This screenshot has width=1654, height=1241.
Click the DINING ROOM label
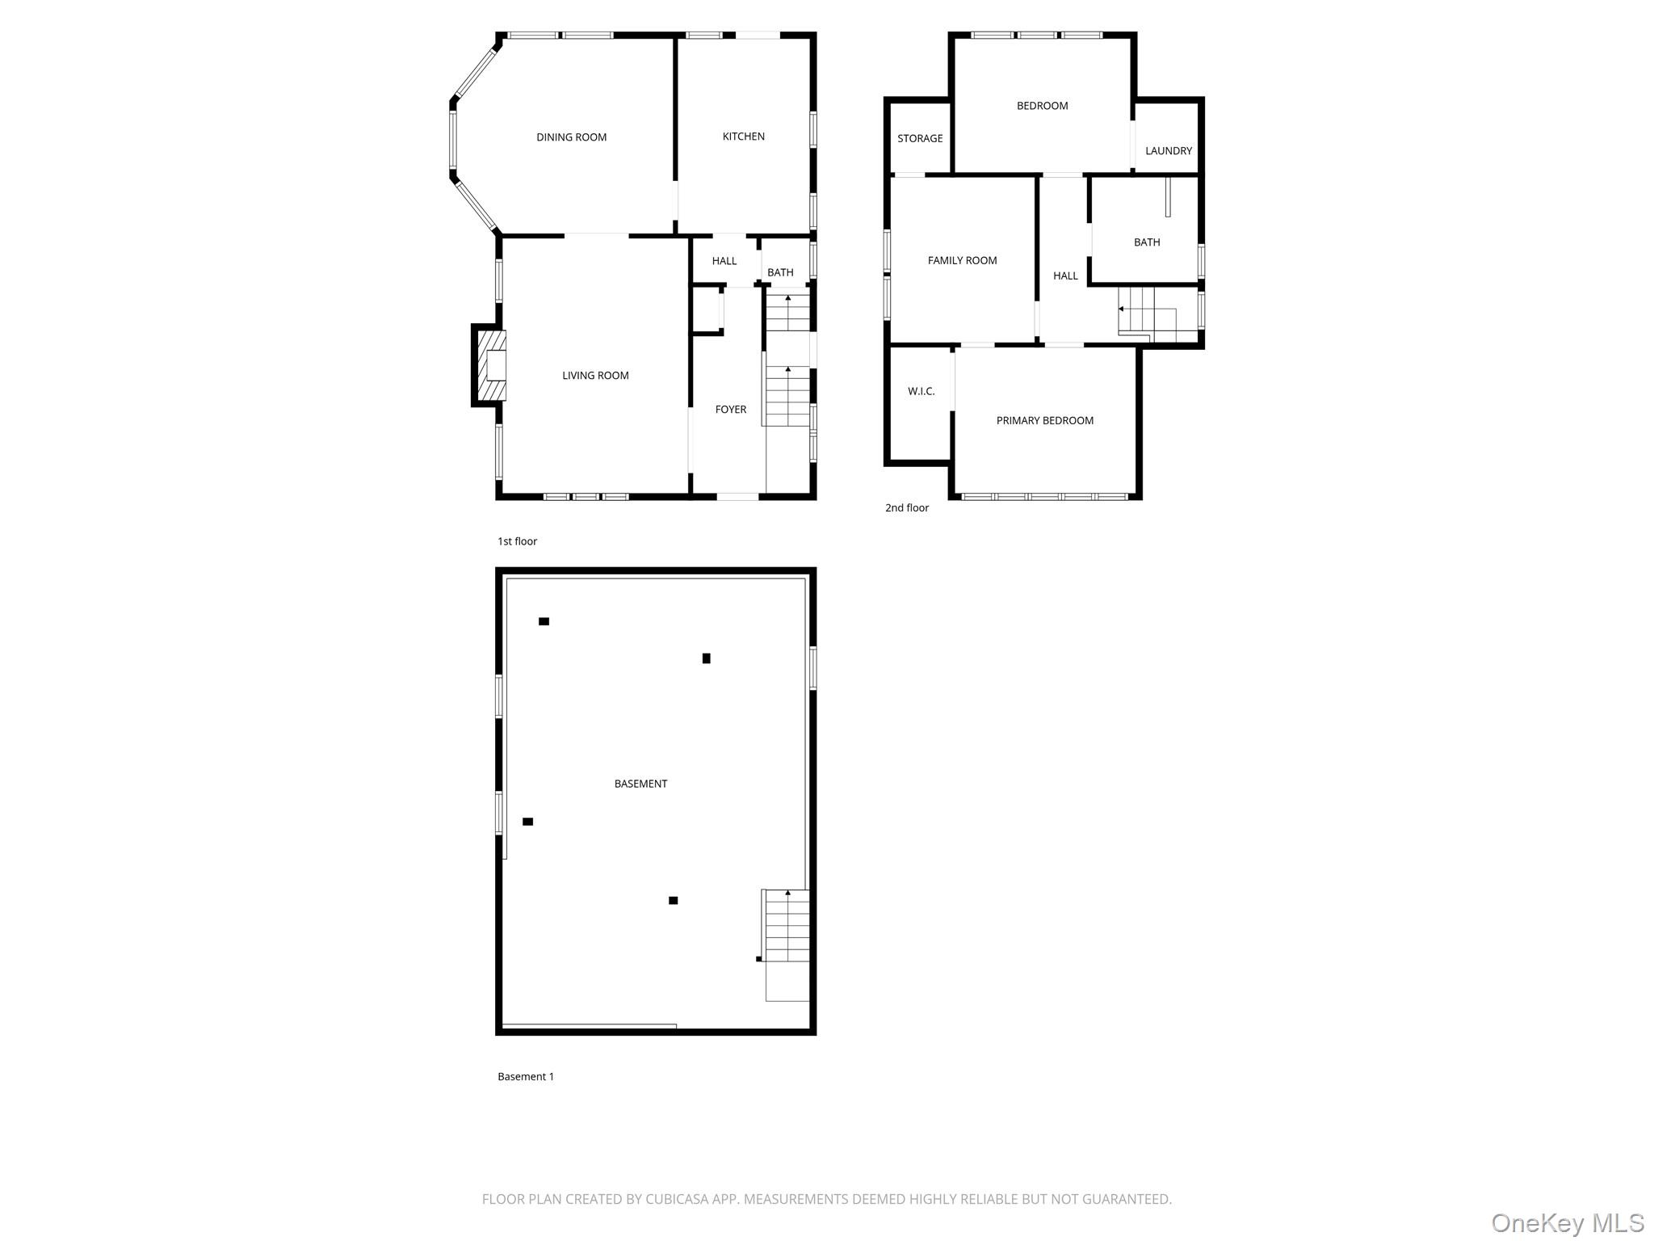pos(571,137)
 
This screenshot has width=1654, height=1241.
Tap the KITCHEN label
pos(743,137)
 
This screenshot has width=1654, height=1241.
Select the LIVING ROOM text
pos(595,376)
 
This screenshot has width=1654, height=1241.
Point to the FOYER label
pos(730,410)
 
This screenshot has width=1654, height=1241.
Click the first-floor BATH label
pos(779,273)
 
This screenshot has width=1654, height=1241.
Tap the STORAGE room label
pos(920,139)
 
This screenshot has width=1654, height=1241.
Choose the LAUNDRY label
pos(1168,151)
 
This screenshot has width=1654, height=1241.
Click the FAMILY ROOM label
pos(962,261)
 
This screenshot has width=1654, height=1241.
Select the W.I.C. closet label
pos(921,392)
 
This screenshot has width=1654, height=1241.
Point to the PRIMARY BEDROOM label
pos(1044,421)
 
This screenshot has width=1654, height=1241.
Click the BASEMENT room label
pos(640,784)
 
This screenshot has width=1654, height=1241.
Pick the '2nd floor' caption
pos(907,508)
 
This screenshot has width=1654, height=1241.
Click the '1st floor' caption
pos(517,541)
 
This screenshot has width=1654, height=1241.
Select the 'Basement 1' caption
pos(526,1077)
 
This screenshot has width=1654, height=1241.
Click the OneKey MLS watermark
pos(1567,1223)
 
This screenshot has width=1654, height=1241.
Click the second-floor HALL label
pos(1065,276)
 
